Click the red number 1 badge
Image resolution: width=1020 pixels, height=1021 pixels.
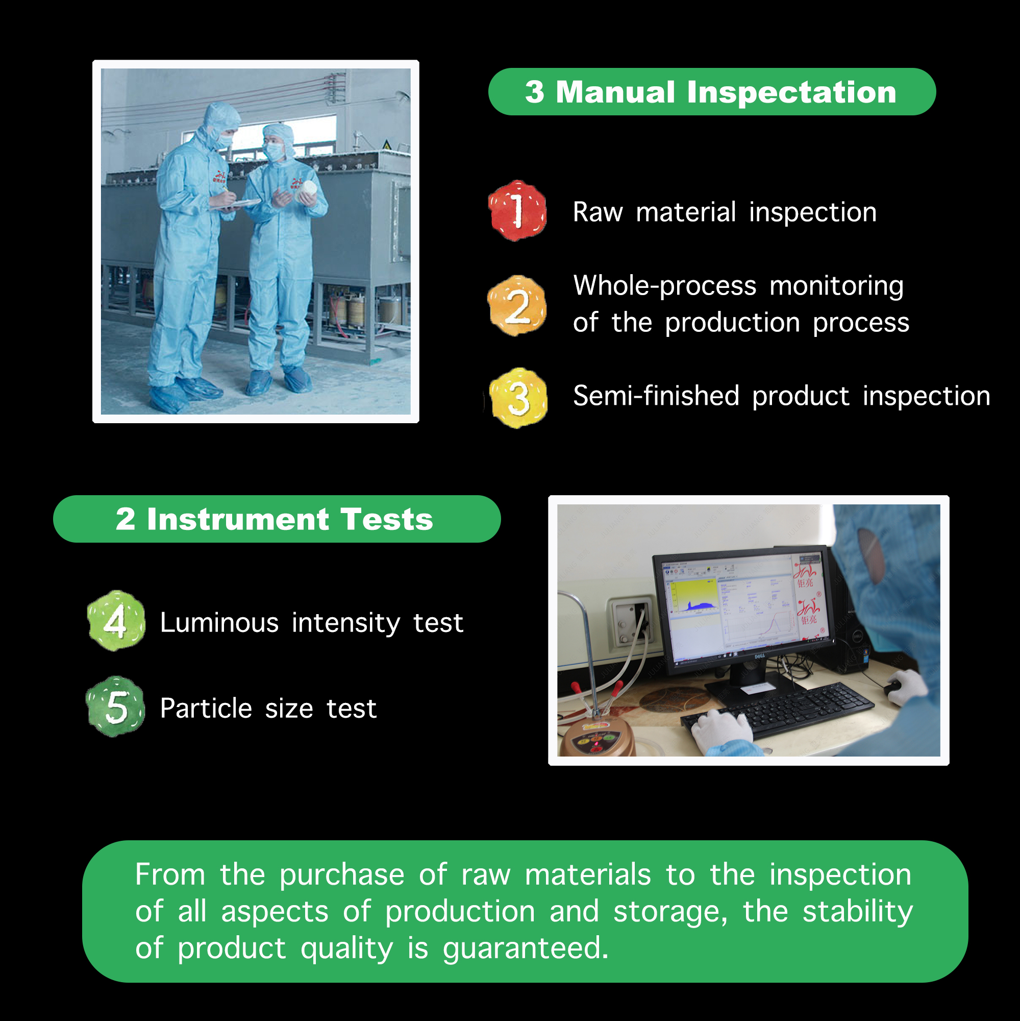coord(517,210)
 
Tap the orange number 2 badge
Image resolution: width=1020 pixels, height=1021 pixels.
coord(517,305)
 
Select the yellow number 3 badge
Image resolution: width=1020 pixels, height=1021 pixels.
coord(518,398)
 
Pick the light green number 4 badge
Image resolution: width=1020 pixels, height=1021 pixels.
coord(116,620)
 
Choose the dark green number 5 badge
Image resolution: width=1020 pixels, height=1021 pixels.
coord(116,707)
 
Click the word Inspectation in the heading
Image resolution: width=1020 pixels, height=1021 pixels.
coord(791,92)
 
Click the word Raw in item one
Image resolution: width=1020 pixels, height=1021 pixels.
coord(598,212)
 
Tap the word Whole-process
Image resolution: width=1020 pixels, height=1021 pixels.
coord(665,286)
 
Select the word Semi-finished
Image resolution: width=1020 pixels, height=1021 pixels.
coord(656,396)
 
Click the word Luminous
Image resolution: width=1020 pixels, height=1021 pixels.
coord(219,622)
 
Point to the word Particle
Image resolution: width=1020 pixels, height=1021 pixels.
coord(206,708)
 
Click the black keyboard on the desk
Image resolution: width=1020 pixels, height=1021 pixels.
coord(777,711)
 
